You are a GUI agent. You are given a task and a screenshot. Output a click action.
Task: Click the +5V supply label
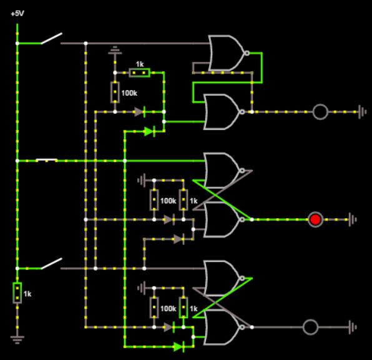(x=17, y=12)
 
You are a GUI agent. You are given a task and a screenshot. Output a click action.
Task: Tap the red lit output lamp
(x=316, y=219)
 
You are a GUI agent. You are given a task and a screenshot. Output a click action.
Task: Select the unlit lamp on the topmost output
(x=320, y=112)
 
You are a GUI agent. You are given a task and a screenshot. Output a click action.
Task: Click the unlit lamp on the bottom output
(x=310, y=327)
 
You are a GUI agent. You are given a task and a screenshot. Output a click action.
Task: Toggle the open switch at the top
(x=51, y=39)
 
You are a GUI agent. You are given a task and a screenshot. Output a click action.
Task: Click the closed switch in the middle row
(x=47, y=161)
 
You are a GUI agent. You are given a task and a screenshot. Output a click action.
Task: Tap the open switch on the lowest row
(x=51, y=264)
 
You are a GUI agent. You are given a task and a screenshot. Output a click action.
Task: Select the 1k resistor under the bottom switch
(x=17, y=292)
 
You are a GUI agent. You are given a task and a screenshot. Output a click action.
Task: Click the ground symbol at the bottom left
(x=17, y=340)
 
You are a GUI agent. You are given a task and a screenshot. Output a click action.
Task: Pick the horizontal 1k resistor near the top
(x=139, y=73)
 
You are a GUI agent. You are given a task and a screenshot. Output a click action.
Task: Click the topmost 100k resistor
(x=115, y=92)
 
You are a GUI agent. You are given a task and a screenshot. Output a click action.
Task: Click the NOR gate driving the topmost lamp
(x=222, y=111)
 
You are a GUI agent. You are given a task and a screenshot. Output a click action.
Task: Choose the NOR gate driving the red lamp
(x=222, y=219)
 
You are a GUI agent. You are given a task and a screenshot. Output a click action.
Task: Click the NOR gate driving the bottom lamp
(x=222, y=327)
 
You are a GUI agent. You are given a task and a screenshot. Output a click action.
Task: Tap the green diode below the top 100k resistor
(x=149, y=131)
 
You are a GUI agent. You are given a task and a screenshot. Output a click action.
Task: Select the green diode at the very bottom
(x=179, y=346)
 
